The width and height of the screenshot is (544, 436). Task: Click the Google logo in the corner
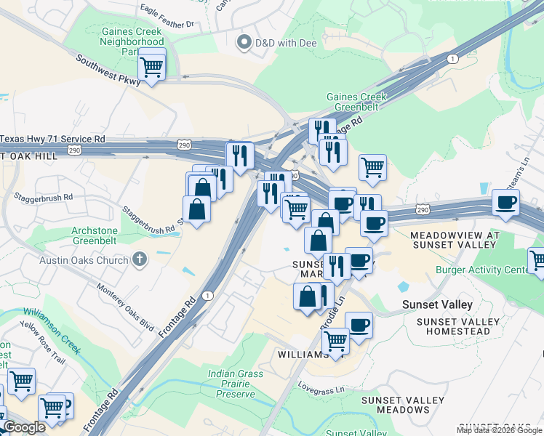pyautogui.click(x=24, y=428)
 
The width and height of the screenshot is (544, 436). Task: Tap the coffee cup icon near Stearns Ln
pyautogui.click(x=505, y=203)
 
